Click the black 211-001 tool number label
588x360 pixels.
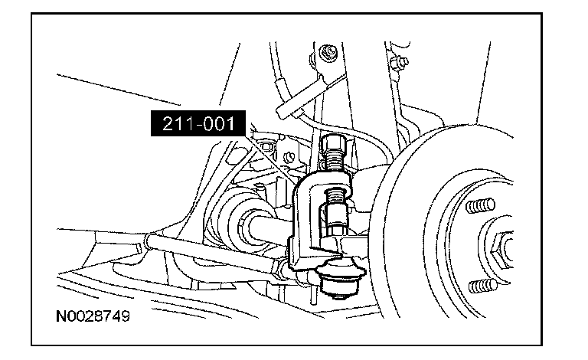pos(198,123)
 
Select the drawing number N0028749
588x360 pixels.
pos(93,316)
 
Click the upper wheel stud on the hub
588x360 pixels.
pos(480,205)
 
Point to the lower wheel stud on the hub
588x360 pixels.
pos(483,286)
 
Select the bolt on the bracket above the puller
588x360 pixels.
pos(328,52)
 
